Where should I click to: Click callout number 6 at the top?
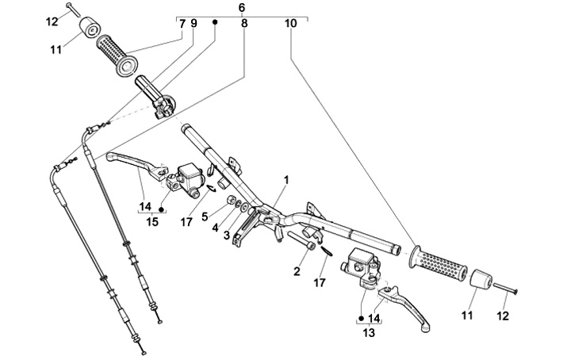point(242,7)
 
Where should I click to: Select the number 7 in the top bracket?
point(182,24)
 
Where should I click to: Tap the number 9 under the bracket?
point(194,24)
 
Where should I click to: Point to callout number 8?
point(244,24)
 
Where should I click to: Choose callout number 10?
point(291,24)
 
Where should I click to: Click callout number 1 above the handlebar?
point(286,179)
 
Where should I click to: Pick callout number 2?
point(297,271)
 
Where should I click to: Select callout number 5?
point(205,215)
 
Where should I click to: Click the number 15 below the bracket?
point(152,222)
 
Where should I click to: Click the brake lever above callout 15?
point(131,163)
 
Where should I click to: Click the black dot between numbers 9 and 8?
point(214,24)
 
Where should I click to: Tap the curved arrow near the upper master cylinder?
point(211,189)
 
